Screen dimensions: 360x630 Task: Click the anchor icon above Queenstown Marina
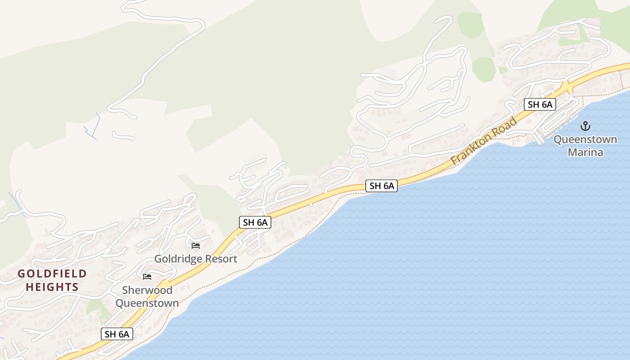pos(585,126)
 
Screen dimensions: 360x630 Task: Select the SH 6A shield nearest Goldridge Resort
pos(255,222)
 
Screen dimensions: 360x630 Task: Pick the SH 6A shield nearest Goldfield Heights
pos(117,334)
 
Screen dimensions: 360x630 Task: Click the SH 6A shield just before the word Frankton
pos(382,185)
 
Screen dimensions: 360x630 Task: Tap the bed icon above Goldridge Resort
pos(196,246)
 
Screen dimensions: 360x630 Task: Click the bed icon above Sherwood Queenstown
pos(147,276)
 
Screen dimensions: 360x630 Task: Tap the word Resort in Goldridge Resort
pos(221,259)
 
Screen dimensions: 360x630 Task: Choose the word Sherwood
pos(147,290)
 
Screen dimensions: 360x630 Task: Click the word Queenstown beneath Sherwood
pos(147,303)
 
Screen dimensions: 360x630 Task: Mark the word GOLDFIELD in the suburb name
pos(52,274)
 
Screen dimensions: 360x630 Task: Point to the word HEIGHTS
pos(52,287)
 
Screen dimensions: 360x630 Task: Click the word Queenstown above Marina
pos(585,139)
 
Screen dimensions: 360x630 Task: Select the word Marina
pos(585,153)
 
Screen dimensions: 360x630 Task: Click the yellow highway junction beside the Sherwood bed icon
pos(165,284)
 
